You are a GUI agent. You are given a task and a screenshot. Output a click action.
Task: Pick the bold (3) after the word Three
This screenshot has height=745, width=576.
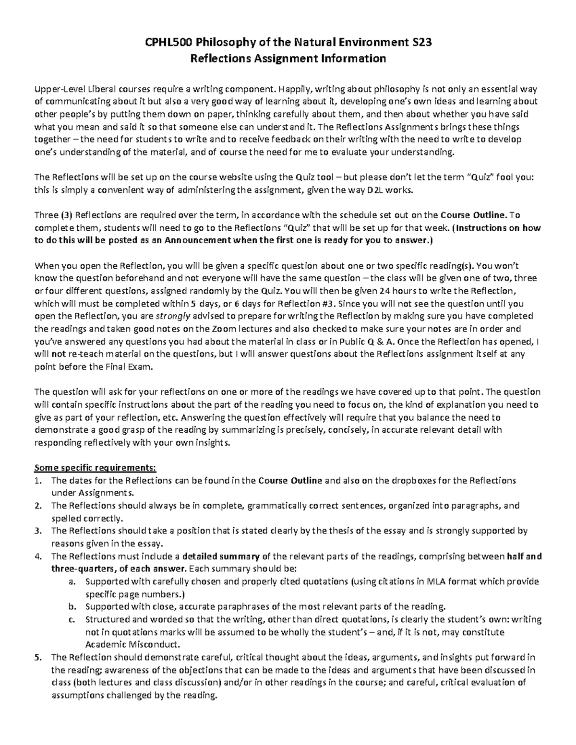[x=66, y=215]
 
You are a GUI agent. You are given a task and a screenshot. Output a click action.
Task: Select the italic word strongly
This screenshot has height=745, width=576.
[x=173, y=316]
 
